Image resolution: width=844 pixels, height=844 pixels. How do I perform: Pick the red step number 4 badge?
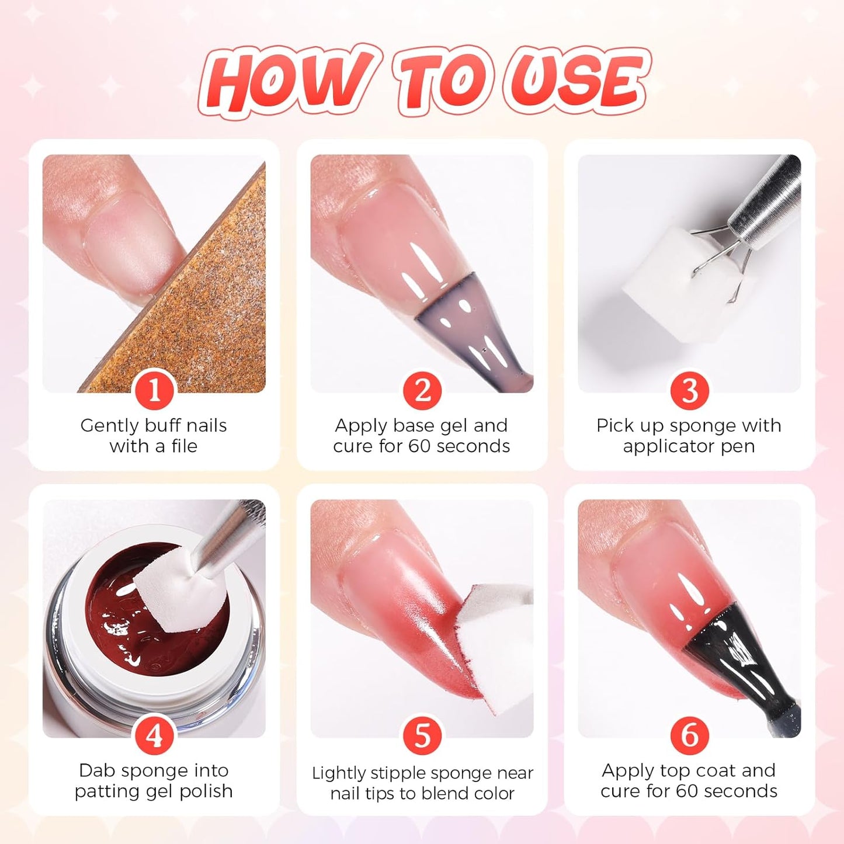pyautogui.click(x=154, y=735)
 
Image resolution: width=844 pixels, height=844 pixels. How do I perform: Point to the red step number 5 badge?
pyautogui.click(x=422, y=735)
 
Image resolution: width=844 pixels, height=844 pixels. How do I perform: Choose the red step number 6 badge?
pyautogui.click(x=689, y=735)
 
